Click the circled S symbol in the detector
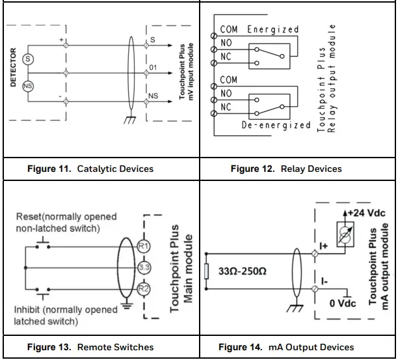coord(28,59)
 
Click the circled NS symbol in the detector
coord(28,86)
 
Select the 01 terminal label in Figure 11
coord(153,67)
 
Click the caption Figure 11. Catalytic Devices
coord(90,169)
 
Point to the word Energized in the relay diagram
coord(272,29)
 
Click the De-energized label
coord(276,124)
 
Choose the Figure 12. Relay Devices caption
coord(286,169)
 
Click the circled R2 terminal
coord(144,289)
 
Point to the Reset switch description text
coord(57,222)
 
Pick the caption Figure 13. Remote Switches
coord(90,347)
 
